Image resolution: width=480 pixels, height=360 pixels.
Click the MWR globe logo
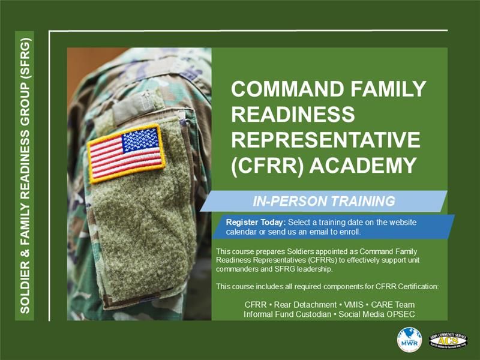click(409, 340)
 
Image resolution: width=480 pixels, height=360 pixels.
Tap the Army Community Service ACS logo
click(448, 340)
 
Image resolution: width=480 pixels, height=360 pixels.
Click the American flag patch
click(127, 154)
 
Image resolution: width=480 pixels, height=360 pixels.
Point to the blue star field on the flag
click(141, 140)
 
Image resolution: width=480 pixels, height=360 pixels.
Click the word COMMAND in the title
click(288, 89)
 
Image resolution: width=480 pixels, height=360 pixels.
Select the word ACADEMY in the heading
click(363, 166)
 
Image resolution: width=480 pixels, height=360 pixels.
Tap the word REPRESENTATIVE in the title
click(326, 140)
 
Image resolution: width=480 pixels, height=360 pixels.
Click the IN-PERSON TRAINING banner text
click(324, 202)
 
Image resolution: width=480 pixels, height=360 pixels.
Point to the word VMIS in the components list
click(353, 305)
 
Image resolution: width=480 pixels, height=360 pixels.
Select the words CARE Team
click(393, 305)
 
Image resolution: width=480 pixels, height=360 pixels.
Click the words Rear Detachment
click(305, 305)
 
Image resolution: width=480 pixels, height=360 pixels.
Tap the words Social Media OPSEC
click(377, 314)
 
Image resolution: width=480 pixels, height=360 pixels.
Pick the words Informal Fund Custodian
click(287, 314)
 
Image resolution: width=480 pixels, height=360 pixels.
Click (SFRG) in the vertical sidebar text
click(25, 58)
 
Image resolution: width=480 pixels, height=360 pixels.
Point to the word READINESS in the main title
click(293, 114)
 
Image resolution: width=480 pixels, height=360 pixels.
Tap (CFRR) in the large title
click(267, 166)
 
